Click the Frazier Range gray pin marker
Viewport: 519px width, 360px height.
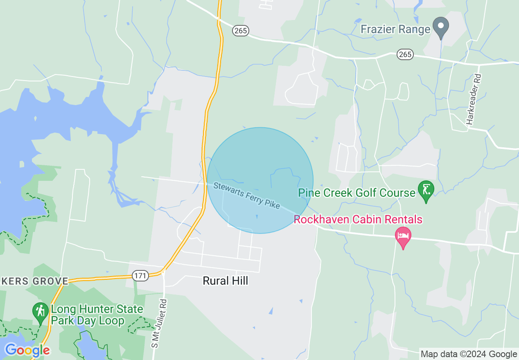441,27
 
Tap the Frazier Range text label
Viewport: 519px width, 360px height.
395,29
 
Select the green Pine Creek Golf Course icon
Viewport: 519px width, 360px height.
426,191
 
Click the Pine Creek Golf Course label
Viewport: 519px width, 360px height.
357,193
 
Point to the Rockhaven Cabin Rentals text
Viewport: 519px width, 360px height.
358,220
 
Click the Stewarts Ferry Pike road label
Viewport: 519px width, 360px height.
246,196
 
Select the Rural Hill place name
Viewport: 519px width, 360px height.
226,281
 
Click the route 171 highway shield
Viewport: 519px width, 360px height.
140,276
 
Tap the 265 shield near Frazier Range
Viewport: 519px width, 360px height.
405,54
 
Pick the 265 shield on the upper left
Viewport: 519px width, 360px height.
241,31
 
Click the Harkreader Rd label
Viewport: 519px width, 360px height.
473,99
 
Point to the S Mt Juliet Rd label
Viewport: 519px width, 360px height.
160,324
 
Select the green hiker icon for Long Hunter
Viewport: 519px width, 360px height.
40,311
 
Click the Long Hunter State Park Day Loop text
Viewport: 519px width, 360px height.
96,315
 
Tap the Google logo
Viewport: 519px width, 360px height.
27,350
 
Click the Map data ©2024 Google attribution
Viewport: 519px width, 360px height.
469,354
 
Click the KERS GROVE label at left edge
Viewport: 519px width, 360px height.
34,281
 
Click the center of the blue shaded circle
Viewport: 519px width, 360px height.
260,180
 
